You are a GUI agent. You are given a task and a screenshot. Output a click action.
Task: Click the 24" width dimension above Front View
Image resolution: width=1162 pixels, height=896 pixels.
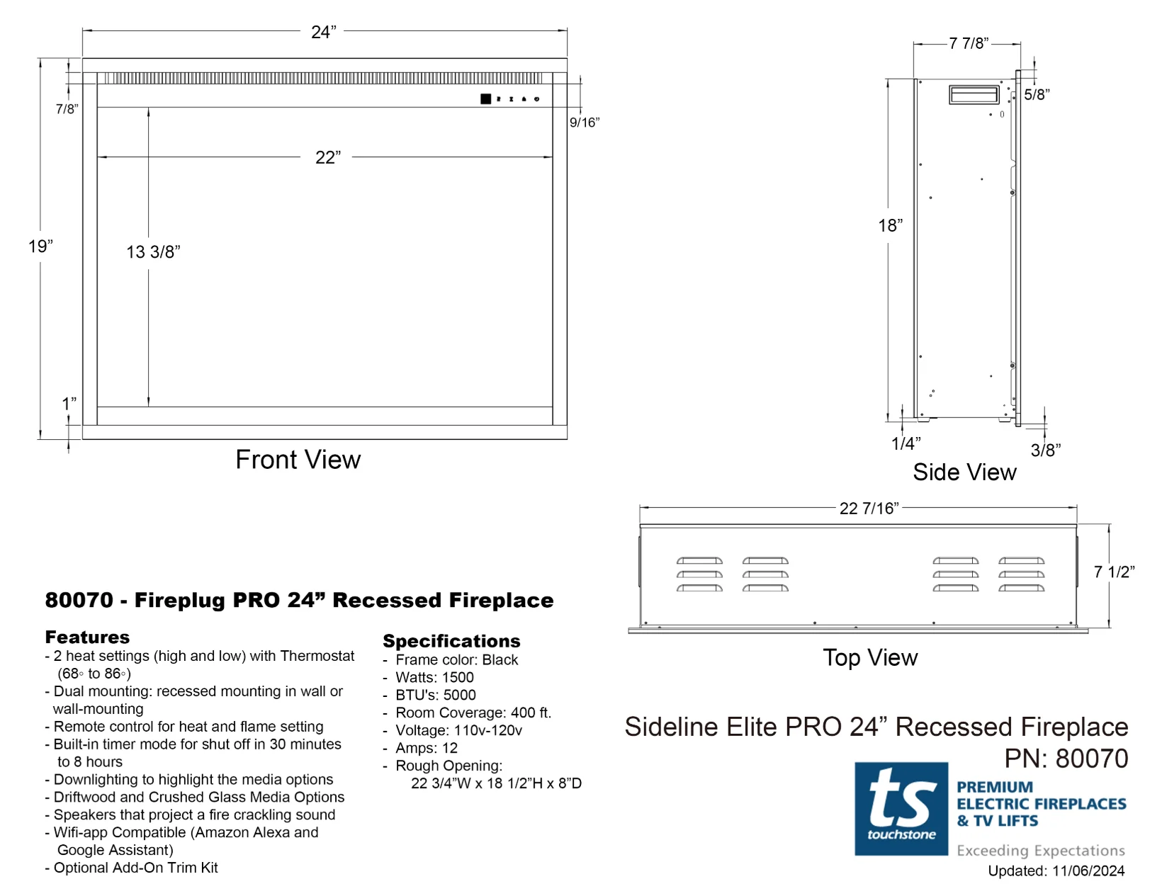click(x=324, y=33)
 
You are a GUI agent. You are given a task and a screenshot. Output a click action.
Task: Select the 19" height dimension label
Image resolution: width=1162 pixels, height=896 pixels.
click(x=40, y=246)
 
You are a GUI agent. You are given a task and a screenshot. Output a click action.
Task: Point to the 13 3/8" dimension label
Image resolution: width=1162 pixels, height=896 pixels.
click(x=153, y=252)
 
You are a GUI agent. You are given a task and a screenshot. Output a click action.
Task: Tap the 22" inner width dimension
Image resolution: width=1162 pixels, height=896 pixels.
click(x=327, y=157)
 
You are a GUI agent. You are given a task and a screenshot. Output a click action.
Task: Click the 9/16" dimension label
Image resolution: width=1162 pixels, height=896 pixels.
click(x=585, y=123)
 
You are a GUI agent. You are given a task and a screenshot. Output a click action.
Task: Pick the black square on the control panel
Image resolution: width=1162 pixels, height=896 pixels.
click(x=485, y=99)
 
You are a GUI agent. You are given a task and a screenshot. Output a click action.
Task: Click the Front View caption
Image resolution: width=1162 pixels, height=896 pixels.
click(x=298, y=460)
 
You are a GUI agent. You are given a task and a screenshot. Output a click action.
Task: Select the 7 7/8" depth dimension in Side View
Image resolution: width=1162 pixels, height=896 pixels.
click(x=969, y=44)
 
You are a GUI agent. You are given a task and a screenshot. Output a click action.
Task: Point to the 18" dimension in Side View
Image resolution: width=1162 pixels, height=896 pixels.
click(x=890, y=226)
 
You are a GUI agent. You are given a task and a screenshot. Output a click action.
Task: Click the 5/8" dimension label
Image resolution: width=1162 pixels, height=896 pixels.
click(x=1037, y=95)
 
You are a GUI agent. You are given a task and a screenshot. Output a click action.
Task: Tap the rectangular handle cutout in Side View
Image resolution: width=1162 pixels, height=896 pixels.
click(x=974, y=94)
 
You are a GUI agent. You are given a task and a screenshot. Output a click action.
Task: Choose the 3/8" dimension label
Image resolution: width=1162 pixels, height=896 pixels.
click(x=1045, y=450)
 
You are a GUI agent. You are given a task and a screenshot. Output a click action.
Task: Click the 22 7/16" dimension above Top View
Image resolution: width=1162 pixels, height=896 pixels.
click(x=869, y=509)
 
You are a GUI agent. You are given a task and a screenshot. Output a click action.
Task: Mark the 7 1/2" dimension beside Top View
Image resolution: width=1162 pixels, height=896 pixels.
click(x=1114, y=572)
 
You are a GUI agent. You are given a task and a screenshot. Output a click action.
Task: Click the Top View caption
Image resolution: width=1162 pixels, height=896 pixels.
click(x=870, y=658)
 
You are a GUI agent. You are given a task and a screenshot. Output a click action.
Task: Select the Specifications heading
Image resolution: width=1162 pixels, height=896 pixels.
click(x=451, y=641)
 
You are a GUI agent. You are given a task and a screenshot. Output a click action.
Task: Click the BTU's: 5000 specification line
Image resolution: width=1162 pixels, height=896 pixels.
click(x=435, y=696)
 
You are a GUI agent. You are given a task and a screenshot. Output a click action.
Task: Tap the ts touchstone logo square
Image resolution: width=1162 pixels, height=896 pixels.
click(x=901, y=808)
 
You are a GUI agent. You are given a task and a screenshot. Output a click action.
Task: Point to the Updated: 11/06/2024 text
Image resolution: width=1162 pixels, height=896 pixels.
click(x=1056, y=871)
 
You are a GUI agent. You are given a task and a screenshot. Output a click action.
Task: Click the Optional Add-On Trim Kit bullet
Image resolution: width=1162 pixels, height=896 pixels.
click(x=135, y=868)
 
